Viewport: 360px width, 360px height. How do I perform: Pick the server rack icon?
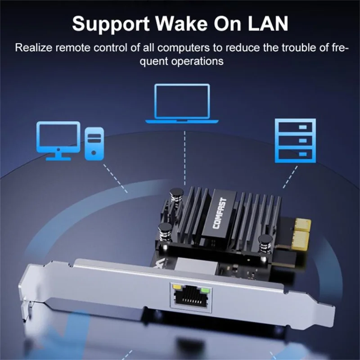click(295, 140)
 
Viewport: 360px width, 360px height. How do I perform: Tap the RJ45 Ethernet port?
click(189, 297)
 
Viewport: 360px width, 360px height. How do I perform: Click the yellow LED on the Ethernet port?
click(176, 286)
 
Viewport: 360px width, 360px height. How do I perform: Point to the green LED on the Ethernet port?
click(205, 288)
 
